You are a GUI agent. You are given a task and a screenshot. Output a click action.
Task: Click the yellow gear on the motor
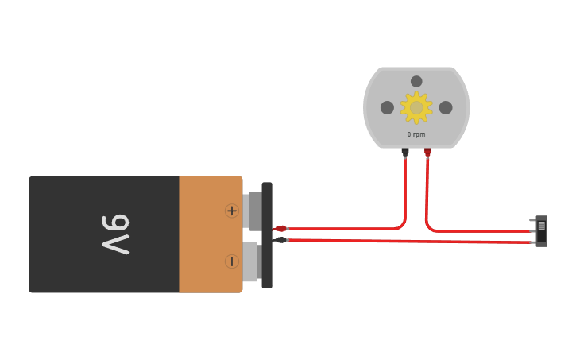416,107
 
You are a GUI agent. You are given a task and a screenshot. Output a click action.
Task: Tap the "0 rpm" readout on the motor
416,134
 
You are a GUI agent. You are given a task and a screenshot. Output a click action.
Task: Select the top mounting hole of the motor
416,81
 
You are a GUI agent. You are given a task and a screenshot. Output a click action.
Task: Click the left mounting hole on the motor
387,107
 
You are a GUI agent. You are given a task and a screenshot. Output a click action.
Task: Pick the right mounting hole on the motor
446,107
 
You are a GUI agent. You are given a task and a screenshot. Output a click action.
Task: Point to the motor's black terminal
405,151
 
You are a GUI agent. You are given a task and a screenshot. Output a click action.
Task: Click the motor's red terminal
427,151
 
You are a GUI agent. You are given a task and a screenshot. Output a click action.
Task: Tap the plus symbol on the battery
231,211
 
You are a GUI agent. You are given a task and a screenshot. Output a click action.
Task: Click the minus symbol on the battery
231,261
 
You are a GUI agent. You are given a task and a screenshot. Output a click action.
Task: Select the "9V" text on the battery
116,234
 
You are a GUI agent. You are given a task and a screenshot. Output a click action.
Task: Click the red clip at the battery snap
280,229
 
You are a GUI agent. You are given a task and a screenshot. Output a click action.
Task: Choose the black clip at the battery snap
280,239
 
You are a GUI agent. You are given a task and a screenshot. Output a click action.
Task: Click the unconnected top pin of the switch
532,220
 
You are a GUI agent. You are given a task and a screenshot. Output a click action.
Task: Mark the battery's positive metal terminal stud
254,211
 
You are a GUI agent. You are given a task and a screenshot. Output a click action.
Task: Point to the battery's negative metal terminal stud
251,262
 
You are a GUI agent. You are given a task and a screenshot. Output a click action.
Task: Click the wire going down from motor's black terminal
405,191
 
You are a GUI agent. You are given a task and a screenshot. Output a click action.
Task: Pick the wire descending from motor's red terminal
427,191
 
